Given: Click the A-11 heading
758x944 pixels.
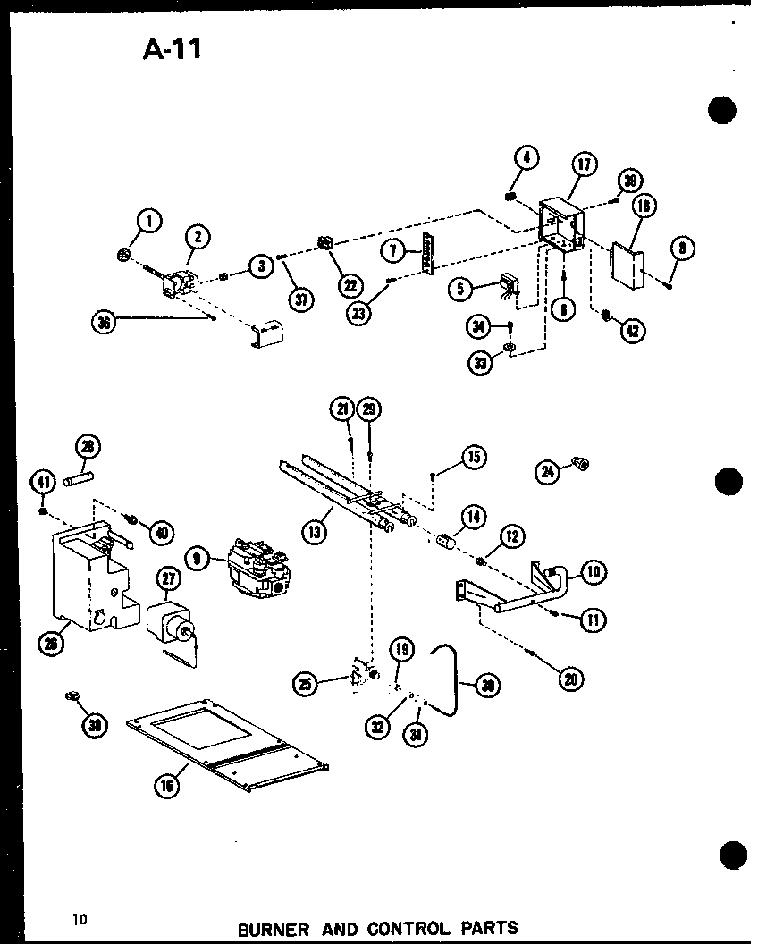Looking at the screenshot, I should click(x=173, y=48).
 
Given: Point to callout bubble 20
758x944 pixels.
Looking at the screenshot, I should click(x=569, y=678).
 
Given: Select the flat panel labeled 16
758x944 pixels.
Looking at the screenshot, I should click(x=229, y=743).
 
